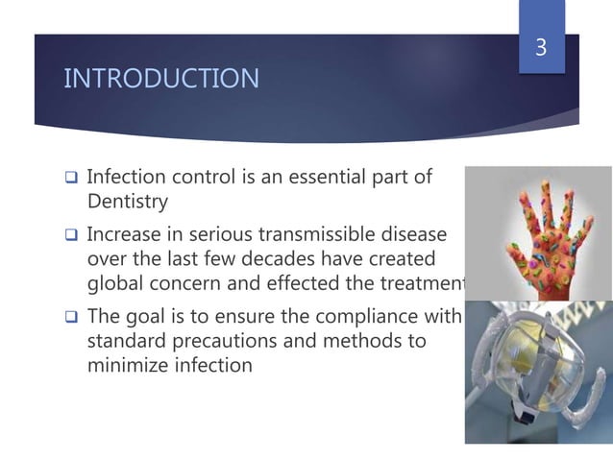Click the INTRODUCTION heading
point(160,79)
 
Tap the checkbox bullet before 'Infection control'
point(70,179)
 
